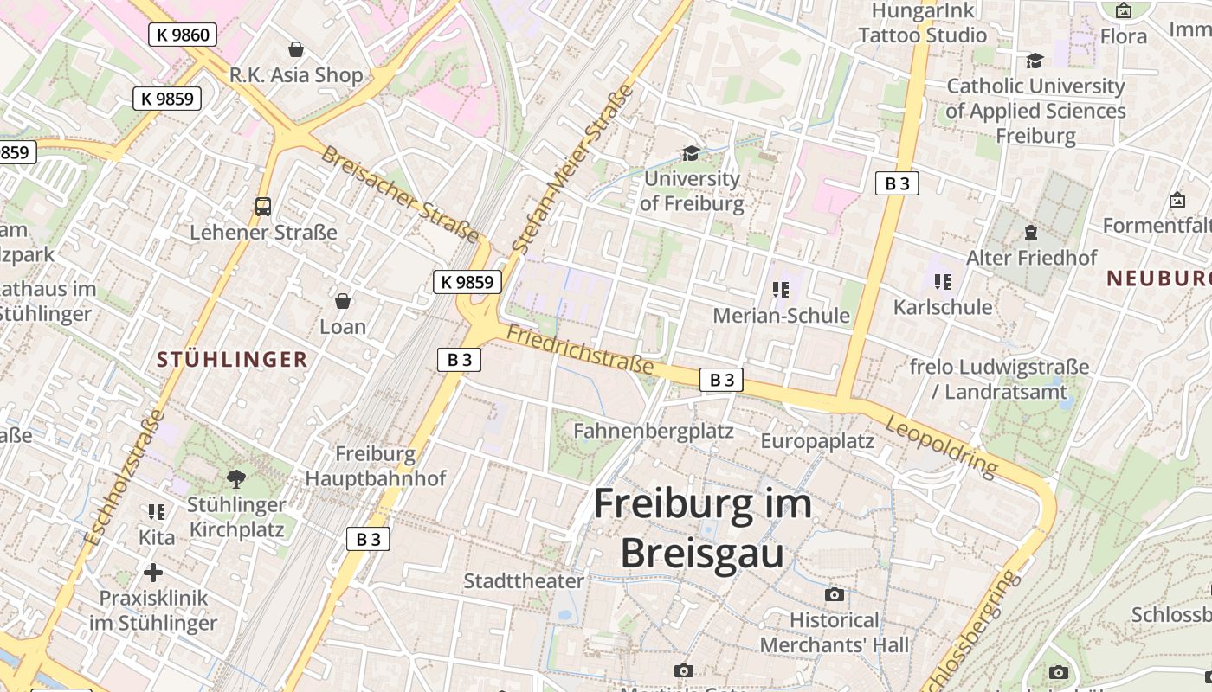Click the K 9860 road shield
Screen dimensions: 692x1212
pyautogui.click(x=182, y=35)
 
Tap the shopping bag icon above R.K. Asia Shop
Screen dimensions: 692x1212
pyautogui.click(x=296, y=49)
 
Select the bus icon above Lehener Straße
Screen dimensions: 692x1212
pyautogui.click(x=263, y=207)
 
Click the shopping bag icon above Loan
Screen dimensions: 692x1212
pyautogui.click(x=343, y=301)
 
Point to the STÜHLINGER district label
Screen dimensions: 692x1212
pyautogui.click(x=232, y=360)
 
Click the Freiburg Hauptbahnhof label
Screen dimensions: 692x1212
pyautogui.click(x=376, y=466)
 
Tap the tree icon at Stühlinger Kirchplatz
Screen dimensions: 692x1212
pyautogui.click(x=235, y=478)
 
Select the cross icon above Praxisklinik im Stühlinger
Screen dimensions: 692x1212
pyautogui.click(x=153, y=573)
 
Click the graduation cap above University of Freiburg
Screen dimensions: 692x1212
pyautogui.click(x=691, y=153)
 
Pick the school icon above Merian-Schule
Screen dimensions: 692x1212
pyautogui.click(x=781, y=290)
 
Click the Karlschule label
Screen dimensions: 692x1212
pyautogui.click(x=943, y=307)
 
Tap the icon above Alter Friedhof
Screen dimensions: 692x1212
pyautogui.click(x=1031, y=233)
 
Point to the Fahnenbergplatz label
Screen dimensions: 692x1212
pyautogui.click(x=654, y=431)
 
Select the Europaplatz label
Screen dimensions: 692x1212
pyautogui.click(x=817, y=441)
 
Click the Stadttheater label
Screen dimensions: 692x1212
pyautogui.click(x=524, y=580)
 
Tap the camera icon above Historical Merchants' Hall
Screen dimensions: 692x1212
pyautogui.click(x=835, y=594)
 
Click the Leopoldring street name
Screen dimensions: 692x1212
pyautogui.click(x=942, y=444)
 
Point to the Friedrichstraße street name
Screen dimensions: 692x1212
pyautogui.click(x=579, y=349)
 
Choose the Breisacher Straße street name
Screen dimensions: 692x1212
pyautogui.click(x=399, y=194)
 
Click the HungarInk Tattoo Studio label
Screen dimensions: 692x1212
pyautogui.click(x=923, y=23)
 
